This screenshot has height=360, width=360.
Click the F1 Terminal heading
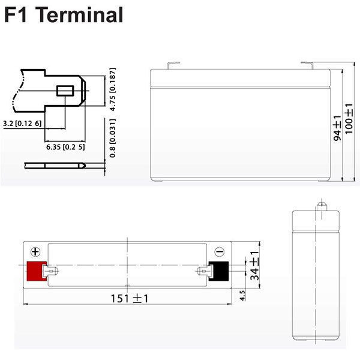tap(64, 14)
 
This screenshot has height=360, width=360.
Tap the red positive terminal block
tap(37, 271)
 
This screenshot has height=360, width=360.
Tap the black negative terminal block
tap(219, 271)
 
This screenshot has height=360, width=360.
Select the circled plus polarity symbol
tap(35, 252)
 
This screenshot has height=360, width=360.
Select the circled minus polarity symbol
tap(219, 251)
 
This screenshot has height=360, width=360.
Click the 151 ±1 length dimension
tap(130, 298)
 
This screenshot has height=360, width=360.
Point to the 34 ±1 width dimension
tap(254, 266)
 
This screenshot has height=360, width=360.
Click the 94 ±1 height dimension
tap(337, 128)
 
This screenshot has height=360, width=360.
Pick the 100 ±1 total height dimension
tap(349, 119)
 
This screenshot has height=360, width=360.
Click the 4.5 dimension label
tap(242, 295)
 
